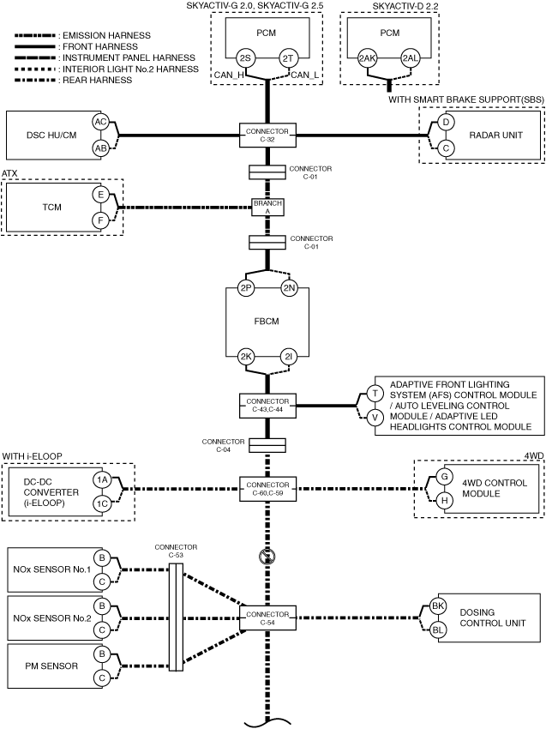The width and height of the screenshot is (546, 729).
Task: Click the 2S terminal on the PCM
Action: [x=245, y=58]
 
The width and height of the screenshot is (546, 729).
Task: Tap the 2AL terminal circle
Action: [x=411, y=58]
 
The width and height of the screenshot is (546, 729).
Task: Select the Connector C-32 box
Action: [x=267, y=136]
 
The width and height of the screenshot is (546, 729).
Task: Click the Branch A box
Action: [x=267, y=207]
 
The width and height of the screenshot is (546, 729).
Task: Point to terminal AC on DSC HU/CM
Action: [x=100, y=123]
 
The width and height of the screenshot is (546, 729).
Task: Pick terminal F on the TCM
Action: [x=100, y=220]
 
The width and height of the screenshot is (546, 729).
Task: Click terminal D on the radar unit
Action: [x=446, y=123]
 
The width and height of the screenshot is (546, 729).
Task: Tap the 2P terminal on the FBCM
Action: [x=245, y=288]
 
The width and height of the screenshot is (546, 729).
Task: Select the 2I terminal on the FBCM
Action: [x=289, y=357]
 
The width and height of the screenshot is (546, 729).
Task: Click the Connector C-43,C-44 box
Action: [x=267, y=406]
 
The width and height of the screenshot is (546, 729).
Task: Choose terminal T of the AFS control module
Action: [x=375, y=394]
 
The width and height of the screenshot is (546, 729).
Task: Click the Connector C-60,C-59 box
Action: [x=267, y=489]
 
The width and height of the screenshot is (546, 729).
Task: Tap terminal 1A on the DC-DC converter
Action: [x=101, y=479]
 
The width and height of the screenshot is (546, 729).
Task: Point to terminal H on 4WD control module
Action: [x=445, y=501]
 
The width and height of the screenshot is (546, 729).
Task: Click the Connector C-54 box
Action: [x=267, y=618]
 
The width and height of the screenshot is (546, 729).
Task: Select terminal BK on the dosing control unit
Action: [x=438, y=605]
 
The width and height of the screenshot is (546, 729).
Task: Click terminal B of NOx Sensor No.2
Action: [x=101, y=606]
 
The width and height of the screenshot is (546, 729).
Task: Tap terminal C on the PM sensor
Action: [x=101, y=678]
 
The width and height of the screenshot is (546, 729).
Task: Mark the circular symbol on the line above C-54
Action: [x=267, y=557]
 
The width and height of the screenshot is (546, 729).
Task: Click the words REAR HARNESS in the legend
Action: [x=97, y=80]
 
